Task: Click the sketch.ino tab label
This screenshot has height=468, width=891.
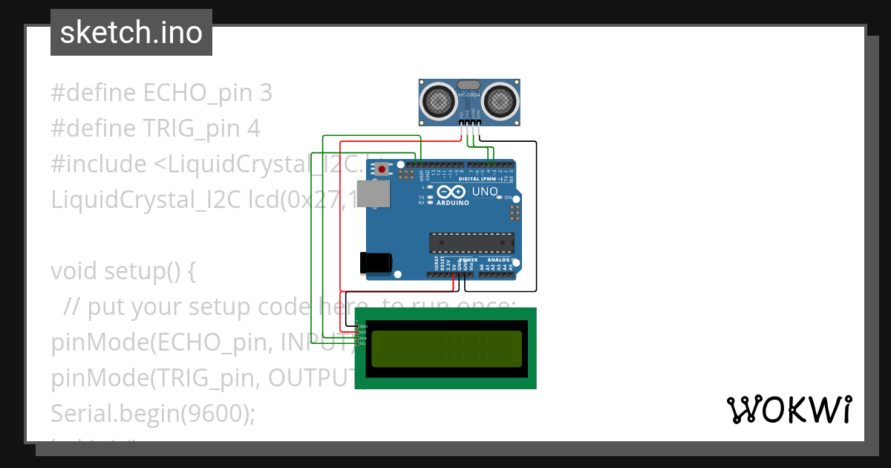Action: click(131, 33)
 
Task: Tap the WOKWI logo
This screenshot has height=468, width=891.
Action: click(789, 409)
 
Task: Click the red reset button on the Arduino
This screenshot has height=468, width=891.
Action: click(382, 170)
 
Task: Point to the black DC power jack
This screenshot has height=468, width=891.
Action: click(375, 263)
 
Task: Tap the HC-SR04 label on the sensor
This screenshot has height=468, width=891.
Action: click(470, 95)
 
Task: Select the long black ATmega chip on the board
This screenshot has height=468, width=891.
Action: click(471, 243)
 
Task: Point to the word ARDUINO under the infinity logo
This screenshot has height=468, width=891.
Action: click(453, 202)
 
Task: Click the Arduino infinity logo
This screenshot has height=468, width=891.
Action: click(453, 192)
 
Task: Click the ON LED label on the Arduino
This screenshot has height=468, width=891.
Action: click(509, 198)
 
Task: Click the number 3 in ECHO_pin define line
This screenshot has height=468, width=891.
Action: click(266, 93)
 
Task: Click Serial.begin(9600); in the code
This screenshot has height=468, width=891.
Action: click(153, 413)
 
